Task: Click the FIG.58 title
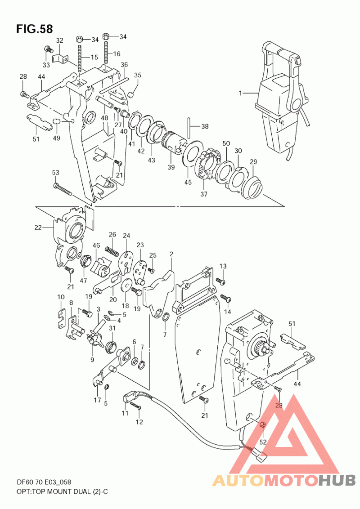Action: pyautogui.click(x=35, y=29)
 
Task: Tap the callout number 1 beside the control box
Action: pyautogui.click(x=240, y=94)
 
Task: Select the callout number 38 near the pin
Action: pyautogui.click(x=205, y=126)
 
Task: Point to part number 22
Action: pyautogui.click(x=38, y=228)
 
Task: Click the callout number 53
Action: pyautogui.click(x=55, y=172)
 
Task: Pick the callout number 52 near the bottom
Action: pyautogui.click(x=263, y=442)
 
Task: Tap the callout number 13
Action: pyautogui.click(x=223, y=266)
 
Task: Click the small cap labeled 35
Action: pyautogui.click(x=131, y=95)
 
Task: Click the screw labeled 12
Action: pyautogui.click(x=135, y=406)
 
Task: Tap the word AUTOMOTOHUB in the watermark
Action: pyautogui.click(x=283, y=480)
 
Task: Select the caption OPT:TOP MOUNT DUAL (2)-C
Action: pyautogui.click(x=63, y=491)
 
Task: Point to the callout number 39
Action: pyautogui.click(x=171, y=167)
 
